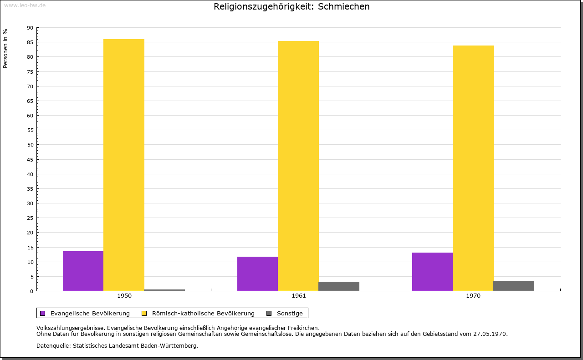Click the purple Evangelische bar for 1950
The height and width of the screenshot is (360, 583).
point(83,271)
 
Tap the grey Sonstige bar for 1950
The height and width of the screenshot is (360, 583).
point(164,290)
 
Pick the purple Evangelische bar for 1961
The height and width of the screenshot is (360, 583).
point(257,274)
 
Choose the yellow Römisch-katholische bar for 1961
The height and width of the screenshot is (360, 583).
point(298,166)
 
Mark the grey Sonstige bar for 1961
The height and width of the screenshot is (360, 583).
point(339,286)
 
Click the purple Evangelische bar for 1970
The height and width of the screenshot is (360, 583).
point(432,272)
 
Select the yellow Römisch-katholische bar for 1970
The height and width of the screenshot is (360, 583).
point(473,168)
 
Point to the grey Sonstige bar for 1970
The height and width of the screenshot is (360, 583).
point(514,286)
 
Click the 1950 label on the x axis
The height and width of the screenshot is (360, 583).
point(124,296)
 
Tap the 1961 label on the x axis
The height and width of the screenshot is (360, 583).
point(299,296)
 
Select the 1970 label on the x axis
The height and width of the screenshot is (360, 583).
point(473,296)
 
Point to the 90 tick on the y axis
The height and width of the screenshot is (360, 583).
point(30,28)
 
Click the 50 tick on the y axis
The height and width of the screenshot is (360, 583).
point(30,145)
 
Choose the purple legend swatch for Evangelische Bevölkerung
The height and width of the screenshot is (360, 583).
point(43,313)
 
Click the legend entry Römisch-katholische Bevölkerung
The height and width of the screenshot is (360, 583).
point(203,313)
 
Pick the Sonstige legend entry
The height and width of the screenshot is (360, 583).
point(290,313)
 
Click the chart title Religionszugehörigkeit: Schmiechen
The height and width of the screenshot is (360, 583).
point(291,7)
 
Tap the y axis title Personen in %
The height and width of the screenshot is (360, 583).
point(5,49)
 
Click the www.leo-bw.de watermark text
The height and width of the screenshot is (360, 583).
point(25,5)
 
